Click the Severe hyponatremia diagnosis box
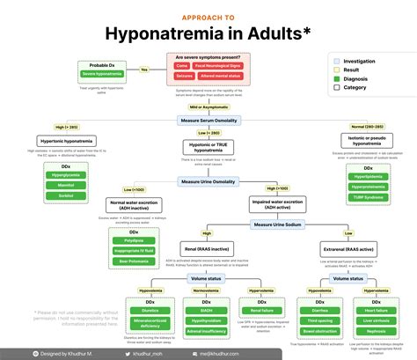click(103, 74)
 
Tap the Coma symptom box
click(180, 65)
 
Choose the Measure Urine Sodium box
click(277, 225)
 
